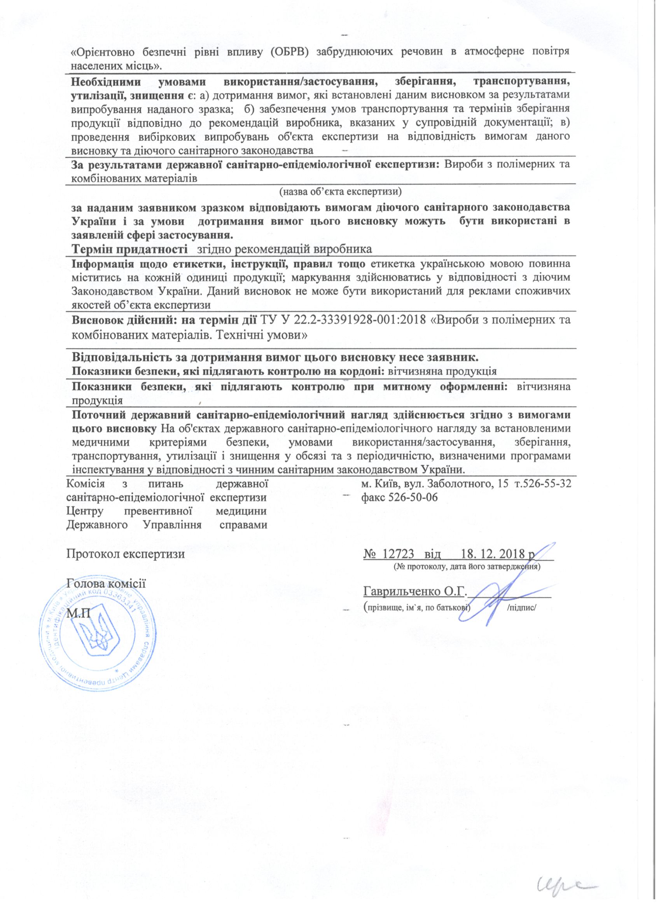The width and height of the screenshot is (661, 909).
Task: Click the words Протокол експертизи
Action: click(x=126, y=554)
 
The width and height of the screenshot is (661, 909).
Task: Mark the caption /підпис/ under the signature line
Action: click(x=521, y=608)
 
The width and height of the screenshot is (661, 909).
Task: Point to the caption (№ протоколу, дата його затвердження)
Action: click(x=467, y=567)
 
